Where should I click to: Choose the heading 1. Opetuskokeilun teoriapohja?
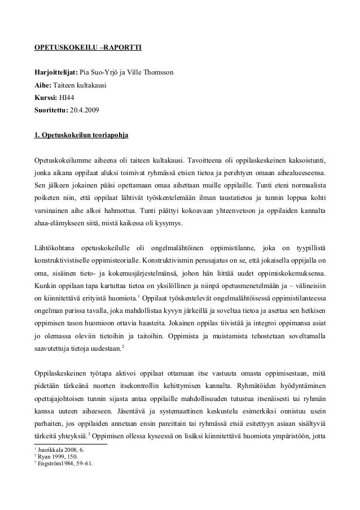pos(82,136)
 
